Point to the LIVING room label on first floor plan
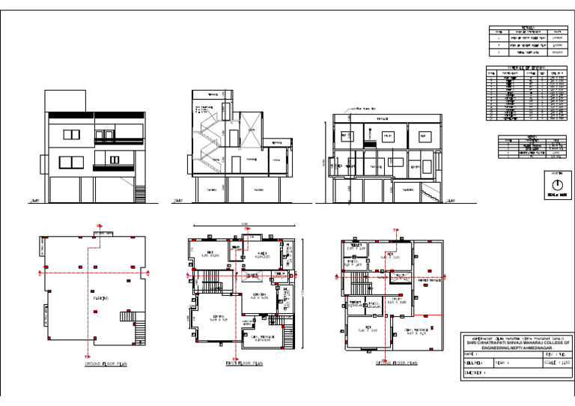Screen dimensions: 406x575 coord(219,318)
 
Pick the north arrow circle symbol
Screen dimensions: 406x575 coord(556,183)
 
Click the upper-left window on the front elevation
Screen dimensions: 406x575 coord(71,135)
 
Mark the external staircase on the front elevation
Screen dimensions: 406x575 coord(140,192)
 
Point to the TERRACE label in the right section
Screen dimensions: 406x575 coord(382,119)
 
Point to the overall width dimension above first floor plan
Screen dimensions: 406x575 coord(243,225)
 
